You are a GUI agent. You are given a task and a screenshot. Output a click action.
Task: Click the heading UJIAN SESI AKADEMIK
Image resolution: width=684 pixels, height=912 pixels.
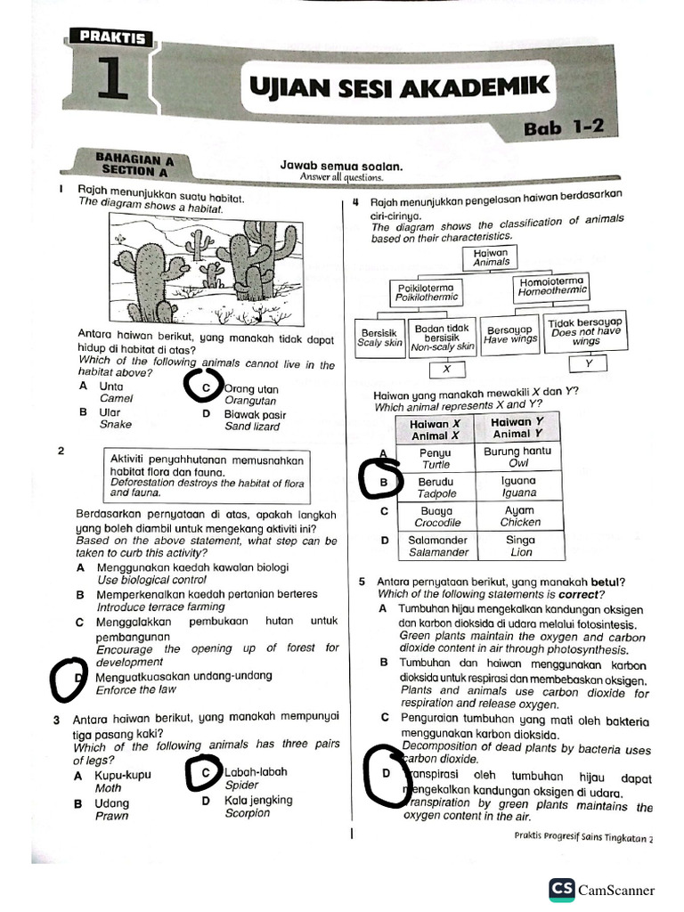[398, 88]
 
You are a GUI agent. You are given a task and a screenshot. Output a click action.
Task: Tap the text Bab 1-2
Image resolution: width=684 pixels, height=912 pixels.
[564, 127]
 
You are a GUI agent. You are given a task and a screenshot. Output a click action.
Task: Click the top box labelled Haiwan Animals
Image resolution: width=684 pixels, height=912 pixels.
[492, 256]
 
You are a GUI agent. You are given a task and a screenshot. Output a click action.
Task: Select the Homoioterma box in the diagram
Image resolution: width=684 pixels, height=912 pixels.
[552, 286]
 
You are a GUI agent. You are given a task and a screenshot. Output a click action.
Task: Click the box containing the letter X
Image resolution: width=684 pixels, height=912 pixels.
[447, 369]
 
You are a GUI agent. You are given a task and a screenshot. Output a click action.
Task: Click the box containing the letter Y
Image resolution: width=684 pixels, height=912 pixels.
[588, 364]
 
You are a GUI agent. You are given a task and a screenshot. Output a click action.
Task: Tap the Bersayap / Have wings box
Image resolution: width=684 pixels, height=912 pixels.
[511, 334]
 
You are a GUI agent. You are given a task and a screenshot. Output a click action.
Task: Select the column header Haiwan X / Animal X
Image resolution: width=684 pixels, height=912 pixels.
[436, 429]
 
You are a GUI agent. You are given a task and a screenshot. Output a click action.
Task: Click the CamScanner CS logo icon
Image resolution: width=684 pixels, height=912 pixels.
[561, 889]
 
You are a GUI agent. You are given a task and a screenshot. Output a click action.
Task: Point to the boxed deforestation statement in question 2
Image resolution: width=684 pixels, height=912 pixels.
[208, 476]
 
